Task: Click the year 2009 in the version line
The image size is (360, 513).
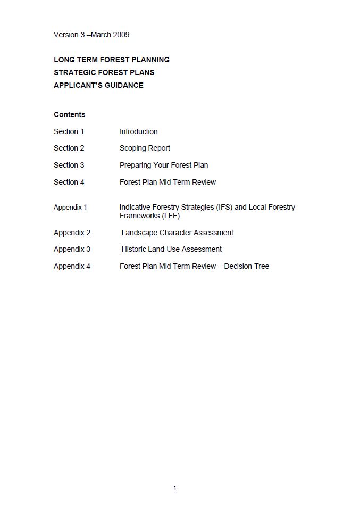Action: tap(121, 35)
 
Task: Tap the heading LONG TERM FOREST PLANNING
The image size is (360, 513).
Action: tap(112, 60)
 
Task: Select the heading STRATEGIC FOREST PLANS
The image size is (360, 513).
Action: tap(104, 72)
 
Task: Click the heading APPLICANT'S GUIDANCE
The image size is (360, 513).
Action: tap(98, 85)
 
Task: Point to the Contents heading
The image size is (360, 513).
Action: tap(69, 114)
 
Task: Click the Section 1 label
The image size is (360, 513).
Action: tap(69, 131)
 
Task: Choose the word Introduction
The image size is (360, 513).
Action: tap(138, 131)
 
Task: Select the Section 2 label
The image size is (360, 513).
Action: tap(69, 148)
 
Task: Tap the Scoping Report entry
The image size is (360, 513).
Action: tap(145, 148)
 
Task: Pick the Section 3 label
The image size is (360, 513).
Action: tap(69, 165)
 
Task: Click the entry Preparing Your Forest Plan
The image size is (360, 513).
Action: tap(164, 165)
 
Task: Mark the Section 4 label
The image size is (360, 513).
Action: tap(69, 182)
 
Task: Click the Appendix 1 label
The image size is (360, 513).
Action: tap(70, 207)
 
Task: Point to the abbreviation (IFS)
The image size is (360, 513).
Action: tap(224, 207)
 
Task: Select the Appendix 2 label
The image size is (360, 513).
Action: tap(72, 233)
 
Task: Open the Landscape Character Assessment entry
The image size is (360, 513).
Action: tap(177, 233)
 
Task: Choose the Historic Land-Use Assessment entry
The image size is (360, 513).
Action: tap(171, 249)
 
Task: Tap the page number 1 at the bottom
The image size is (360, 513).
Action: tap(175, 488)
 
